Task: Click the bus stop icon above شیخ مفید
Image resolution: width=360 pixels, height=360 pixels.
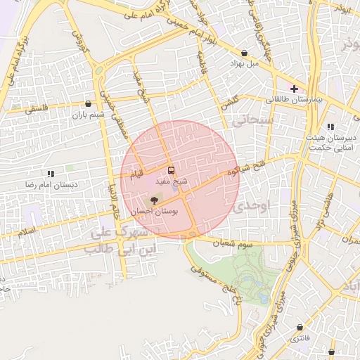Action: tap(172, 170)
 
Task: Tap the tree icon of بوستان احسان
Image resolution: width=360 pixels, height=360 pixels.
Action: tap(155, 201)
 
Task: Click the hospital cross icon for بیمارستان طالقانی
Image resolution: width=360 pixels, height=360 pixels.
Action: tap(294, 89)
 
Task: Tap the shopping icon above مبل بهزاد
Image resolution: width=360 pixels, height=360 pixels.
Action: tap(244, 53)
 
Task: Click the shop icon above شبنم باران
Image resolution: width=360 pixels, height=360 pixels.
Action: tap(88, 103)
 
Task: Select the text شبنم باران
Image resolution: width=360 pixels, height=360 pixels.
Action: tap(88, 114)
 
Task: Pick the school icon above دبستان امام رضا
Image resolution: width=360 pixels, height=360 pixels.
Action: tap(50, 172)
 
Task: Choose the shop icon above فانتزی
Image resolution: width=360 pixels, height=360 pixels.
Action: tap(301, 328)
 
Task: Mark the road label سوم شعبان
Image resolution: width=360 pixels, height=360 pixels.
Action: tap(235, 243)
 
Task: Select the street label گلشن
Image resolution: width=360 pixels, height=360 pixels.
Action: tap(230, 102)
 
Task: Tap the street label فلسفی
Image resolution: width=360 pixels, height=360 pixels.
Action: tap(36, 110)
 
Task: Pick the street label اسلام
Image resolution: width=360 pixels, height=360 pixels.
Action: tap(29, 231)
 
